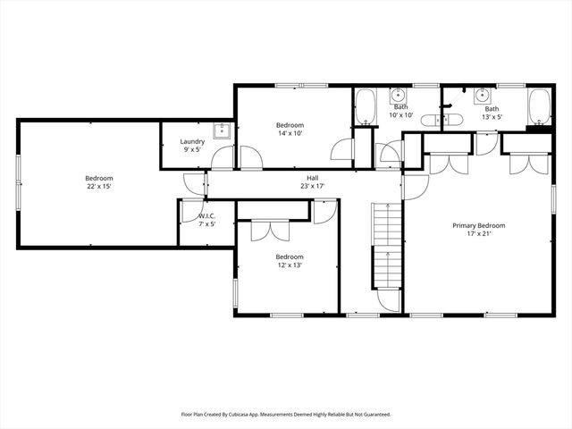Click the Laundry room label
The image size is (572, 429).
(192, 141)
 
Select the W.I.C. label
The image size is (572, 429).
(206, 215)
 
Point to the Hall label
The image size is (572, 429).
(308, 178)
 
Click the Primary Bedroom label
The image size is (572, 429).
(478, 226)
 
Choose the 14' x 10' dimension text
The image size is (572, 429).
(290, 133)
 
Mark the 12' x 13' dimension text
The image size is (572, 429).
(289, 265)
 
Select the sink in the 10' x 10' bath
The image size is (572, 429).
(400, 96)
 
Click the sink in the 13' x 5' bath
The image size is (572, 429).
(482, 96)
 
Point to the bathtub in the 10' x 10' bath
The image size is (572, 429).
(365, 108)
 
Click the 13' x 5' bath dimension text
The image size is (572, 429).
(492, 117)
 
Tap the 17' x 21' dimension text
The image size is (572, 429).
(478, 235)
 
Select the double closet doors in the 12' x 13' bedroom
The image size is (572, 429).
(266, 230)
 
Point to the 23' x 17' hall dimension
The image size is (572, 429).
(308, 187)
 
